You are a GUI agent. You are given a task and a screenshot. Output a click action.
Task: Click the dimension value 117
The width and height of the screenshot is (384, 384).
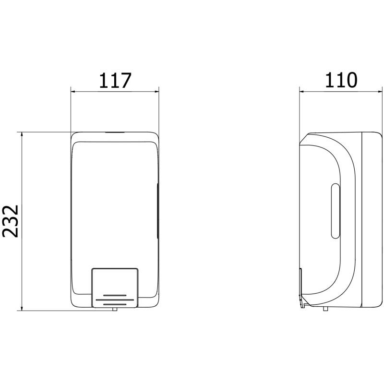(115, 80)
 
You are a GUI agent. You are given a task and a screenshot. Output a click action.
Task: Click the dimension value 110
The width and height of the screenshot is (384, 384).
(341, 80)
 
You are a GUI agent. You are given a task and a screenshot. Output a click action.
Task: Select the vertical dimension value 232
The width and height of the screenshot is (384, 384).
(11, 221)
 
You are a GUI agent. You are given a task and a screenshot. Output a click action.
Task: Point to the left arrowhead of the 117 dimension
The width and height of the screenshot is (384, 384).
(73, 92)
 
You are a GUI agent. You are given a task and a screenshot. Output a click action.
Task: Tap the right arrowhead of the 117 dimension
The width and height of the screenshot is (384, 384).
(156, 92)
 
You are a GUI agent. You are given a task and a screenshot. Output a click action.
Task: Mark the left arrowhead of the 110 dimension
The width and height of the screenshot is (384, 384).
(302, 92)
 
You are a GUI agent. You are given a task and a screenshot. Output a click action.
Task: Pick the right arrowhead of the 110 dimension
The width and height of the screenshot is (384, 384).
(380, 92)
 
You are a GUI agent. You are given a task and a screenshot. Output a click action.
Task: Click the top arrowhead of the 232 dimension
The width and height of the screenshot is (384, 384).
(22, 135)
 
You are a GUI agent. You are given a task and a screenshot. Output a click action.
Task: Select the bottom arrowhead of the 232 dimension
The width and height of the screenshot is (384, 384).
(22, 308)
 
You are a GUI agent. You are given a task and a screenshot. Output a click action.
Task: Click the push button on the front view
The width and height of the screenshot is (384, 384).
(115, 288)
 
